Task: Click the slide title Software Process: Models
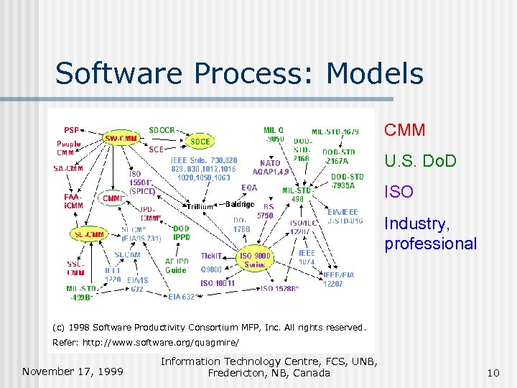click(239, 73)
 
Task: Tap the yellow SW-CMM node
click(121, 137)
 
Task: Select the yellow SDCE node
click(200, 142)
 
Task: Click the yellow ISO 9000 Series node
click(255, 260)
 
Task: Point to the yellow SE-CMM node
click(89, 234)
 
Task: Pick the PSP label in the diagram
click(72, 130)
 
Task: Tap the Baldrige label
click(239, 204)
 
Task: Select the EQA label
click(249, 188)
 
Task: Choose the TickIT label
click(211, 255)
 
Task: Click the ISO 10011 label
click(217, 283)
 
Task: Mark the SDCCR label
click(161, 130)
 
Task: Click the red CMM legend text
click(404, 130)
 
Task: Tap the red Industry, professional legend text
click(430, 234)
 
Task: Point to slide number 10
click(493, 372)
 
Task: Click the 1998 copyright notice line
click(208, 328)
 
